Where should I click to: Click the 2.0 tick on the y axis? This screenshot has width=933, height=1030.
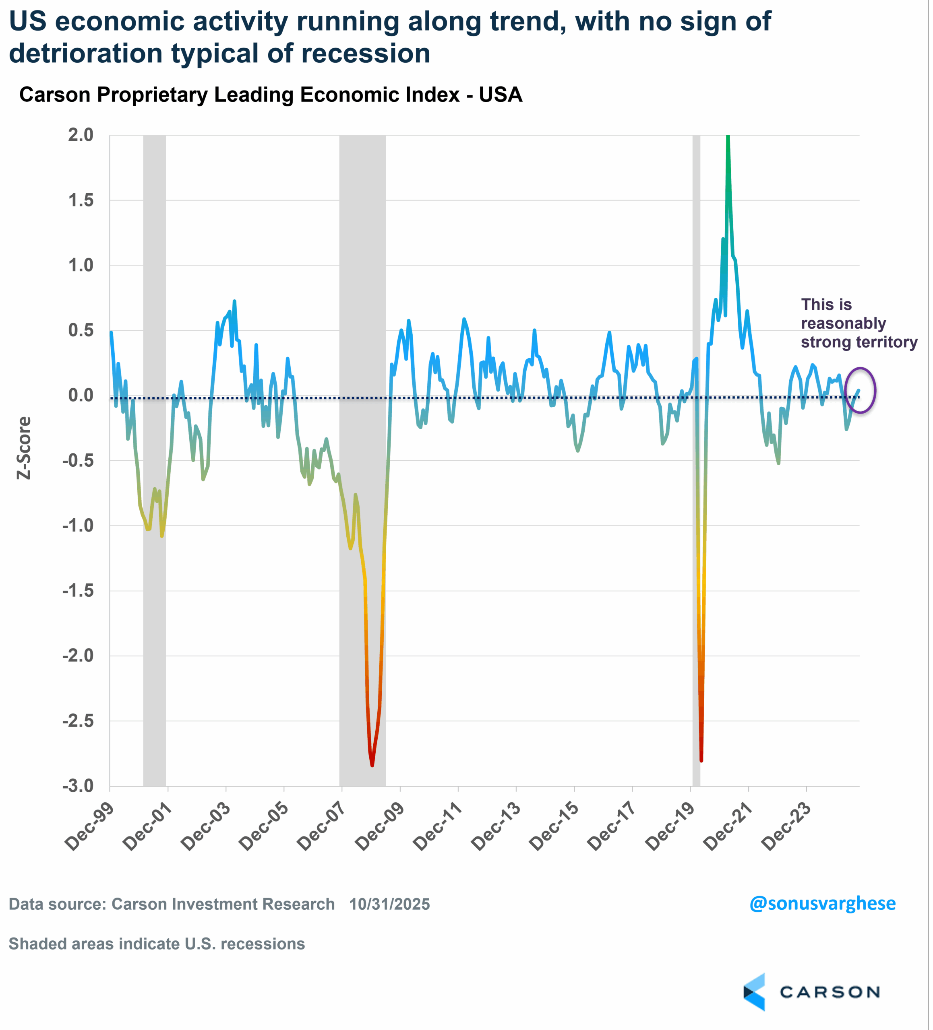pos(81,136)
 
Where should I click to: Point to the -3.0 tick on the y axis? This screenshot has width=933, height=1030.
pos(78,786)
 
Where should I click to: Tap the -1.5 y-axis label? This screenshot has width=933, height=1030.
pos(78,591)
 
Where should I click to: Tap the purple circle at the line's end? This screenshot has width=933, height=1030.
pos(861,390)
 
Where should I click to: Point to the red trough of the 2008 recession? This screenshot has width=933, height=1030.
pos(372,764)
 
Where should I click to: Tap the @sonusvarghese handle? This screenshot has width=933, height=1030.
pos(822,903)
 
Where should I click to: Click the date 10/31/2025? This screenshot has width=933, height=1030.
pos(389,904)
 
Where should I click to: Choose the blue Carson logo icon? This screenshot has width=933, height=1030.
pos(755,992)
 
